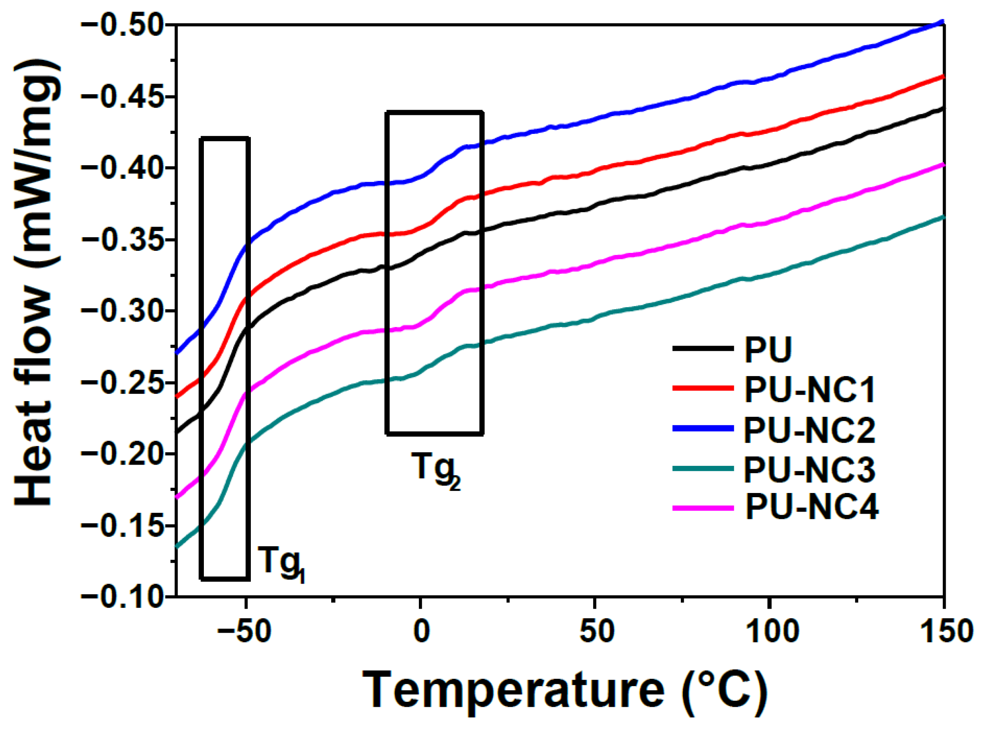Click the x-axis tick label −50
pyautogui.click(x=243, y=631)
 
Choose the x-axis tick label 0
pyautogui.click(x=421, y=631)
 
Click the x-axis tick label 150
pyautogui.click(x=947, y=631)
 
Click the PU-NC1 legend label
pyautogui.click(x=810, y=389)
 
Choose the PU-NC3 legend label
pyautogui.click(x=810, y=470)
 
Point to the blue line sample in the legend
pyautogui.click(x=703, y=428)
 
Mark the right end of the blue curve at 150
pyautogui.click(x=943, y=22)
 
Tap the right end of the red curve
pyautogui.click(x=943, y=77)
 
